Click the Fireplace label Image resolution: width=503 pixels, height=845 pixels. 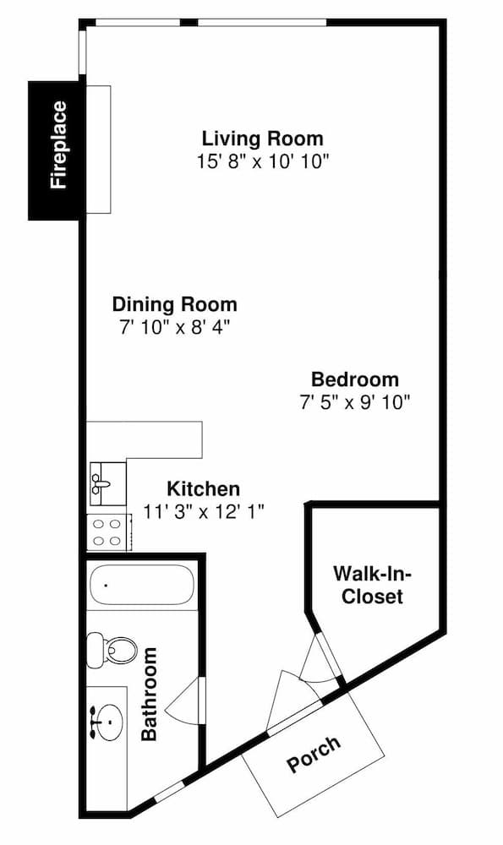click(59, 145)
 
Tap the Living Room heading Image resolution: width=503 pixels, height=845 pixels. click(263, 139)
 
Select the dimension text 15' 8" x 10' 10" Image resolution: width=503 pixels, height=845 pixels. click(263, 161)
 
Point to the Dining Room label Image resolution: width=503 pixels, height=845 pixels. click(175, 304)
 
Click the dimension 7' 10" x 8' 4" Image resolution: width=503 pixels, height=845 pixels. click(175, 328)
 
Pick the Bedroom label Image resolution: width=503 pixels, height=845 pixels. click(355, 379)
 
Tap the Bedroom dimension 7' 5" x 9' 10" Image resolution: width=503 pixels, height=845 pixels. click(355, 402)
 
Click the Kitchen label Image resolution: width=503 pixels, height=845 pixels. click(203, 488)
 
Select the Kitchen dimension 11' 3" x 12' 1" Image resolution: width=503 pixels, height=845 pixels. click(204, 511)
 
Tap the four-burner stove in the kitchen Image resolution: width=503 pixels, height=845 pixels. click(109, 532)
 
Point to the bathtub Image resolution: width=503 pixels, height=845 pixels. click(140, 584)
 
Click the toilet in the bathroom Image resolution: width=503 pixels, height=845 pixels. click(112, 649)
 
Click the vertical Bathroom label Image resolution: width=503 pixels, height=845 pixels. click(148, 694)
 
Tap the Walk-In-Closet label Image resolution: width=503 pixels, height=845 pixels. click(373, 586)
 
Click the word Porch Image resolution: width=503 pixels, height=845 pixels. click(314, 755)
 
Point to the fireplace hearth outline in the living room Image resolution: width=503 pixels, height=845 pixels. click(99, 150)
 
